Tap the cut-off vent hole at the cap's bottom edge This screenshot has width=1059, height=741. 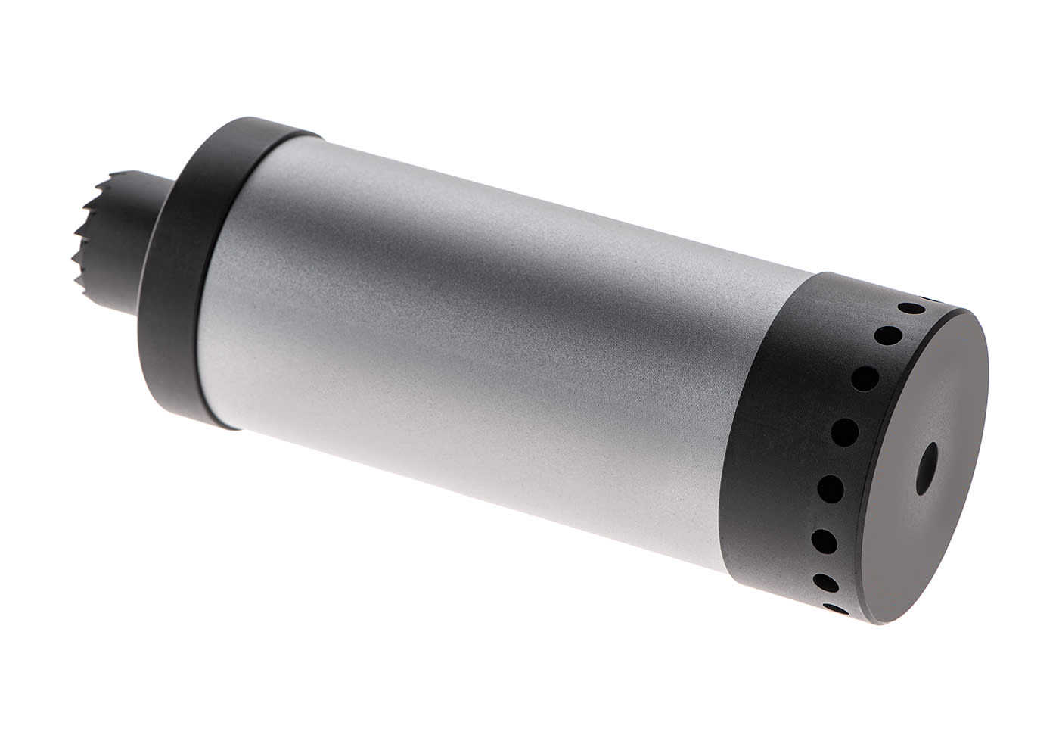click(x=835, y=608)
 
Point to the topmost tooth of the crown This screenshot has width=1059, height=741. click(x=113, y=171)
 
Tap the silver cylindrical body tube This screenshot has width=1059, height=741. click(x=469, y=333)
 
